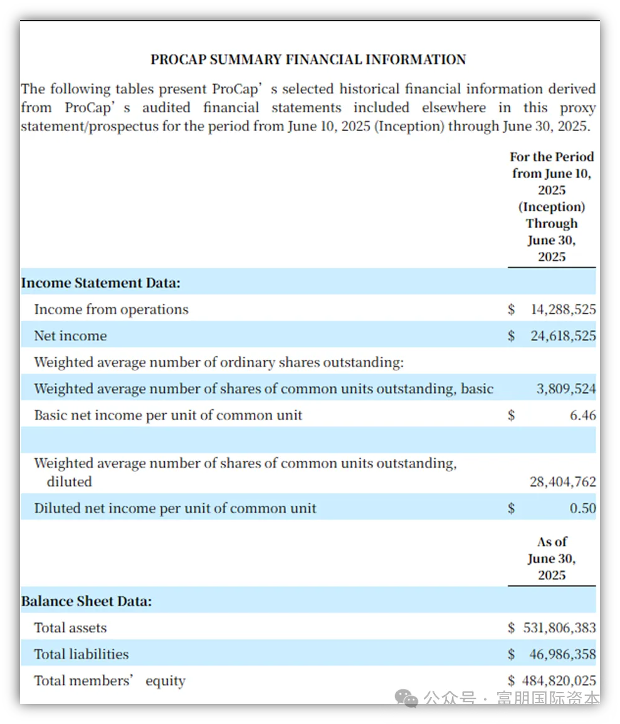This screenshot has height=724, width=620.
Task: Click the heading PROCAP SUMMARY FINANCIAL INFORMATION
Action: pyautogui.click(x=308, y=60)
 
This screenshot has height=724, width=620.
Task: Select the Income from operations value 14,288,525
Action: pyautogui.click(x=563, y=309)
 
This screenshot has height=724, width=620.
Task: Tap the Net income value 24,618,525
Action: pyautogui.click(x=563, y=336)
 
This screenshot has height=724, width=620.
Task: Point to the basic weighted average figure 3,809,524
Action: pyautogui.click(x=565, y=389)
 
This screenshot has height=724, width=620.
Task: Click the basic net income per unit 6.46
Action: pyautogui.click(x=582, y=415)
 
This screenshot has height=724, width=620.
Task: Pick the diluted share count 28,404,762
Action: pyautogui.click(x=563, y=482)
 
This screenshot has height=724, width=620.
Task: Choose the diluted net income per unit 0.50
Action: pyautogui.click(x=582, y=508)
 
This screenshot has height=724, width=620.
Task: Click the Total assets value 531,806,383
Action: pyautogui.click(x=560, y=627)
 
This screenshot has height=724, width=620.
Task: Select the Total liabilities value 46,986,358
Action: pyautogui.click(x=563, y=654)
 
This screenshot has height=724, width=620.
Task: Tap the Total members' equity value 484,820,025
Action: pyautogui.click(x=560, y=681)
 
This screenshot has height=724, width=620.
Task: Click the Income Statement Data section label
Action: pyautogui.click(x=101, y=283)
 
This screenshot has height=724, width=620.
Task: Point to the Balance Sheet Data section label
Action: pyautogui.click(x=87, y=601)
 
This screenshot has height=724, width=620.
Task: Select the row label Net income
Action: pyautogui.click(x=70, y=336)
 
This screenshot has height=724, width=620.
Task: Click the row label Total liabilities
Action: pyautogui.click(x=81, y=654)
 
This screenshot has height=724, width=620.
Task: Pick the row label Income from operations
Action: pyautogui.click(x=111, y=309)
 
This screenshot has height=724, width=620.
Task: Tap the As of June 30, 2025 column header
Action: pyautogui.click(x=552, y=559)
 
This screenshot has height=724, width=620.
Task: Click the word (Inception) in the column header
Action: pyautogui.click(x=552, y=207)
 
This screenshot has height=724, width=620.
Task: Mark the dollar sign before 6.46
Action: pyautogui.click(x=512, y=415)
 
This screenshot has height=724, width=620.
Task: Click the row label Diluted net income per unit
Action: pyautogui.click(x=175, y=508)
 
